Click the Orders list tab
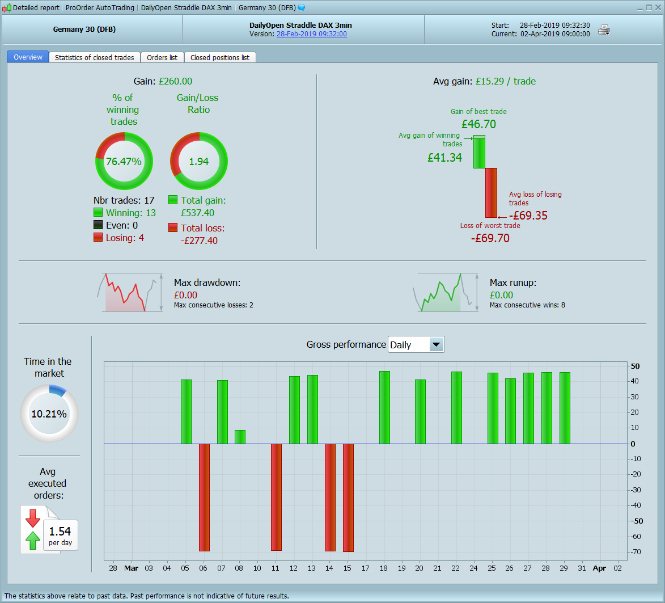tap(162, 57)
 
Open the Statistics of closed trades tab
tap(94, 57)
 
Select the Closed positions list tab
tap(220, 57)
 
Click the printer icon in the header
tap(604, 30)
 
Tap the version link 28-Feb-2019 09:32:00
tap(311, 34)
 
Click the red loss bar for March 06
tap(204, 497)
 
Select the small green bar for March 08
tap(240, 437)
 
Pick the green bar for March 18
tap(384, 407)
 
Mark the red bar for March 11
tap(276, 497)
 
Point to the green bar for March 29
tap(565, 408)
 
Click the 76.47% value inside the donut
tap(124, 162)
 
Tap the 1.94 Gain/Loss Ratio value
tap(199, 162)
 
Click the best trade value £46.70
tap(478, 124)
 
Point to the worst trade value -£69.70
tap(490, 238)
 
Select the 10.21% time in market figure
tap(49, 414)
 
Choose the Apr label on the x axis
tap(599, 568)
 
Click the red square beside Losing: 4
tap(98, 238)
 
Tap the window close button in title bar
tap(658, 7)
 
